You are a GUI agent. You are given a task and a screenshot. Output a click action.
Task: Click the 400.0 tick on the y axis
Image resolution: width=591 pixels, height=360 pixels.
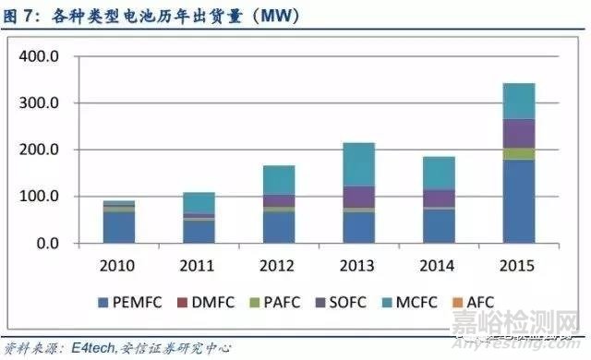(39, 56)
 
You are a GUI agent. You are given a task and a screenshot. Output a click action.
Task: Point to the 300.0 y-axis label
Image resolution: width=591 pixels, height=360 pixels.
(39, 103)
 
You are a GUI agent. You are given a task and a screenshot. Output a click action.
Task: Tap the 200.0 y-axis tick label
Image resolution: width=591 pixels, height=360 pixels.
(39, 150)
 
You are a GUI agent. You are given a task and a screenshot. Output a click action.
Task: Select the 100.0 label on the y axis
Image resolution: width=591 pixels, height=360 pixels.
(39, 197)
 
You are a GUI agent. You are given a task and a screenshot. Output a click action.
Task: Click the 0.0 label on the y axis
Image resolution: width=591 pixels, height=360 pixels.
(45, 244)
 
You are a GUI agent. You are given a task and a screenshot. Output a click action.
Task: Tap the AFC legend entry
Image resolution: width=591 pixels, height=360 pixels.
(499, 302)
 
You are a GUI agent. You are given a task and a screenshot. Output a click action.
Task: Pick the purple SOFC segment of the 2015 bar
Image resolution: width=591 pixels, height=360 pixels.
(518, 133)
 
